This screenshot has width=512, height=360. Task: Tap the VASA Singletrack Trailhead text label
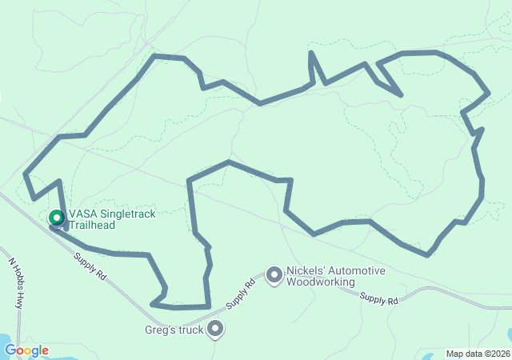(112, 219)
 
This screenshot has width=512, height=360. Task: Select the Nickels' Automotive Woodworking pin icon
(274, 276)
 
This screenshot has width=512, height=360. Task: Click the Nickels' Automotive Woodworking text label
(335, 276)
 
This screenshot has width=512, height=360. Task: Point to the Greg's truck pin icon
(215, 328)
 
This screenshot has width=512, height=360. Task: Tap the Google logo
(26, 350)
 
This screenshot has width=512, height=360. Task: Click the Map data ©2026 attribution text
(477, 354)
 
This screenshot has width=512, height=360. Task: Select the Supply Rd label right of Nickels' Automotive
(378, 298)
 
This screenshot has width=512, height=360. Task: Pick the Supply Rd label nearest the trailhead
(90, 266)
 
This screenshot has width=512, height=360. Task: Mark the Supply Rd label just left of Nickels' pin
(241, 294)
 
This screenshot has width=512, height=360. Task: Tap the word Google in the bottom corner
(26, 350)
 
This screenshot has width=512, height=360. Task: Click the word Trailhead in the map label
(91, 225)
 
